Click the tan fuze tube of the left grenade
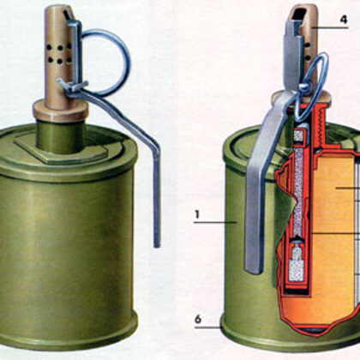pyautogui.click(x=60, y=60)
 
